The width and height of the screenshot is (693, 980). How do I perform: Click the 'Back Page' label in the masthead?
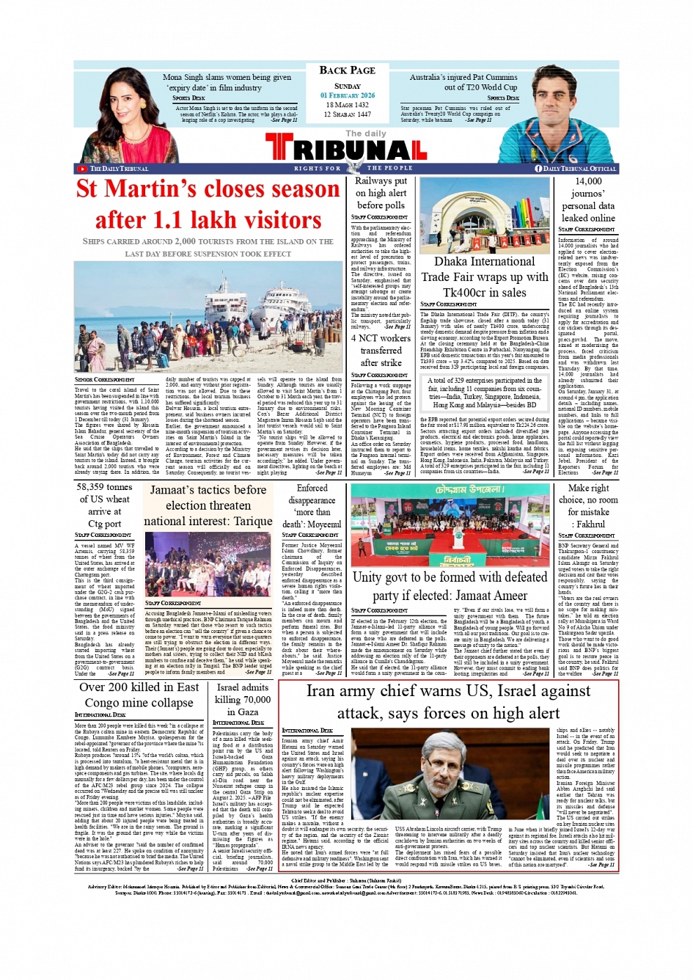(347, 70)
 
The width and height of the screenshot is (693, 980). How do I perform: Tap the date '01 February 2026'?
(347, 95)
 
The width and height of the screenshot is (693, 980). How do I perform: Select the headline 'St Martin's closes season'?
(208, 189)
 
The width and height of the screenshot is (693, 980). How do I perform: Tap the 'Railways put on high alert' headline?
(380, 193)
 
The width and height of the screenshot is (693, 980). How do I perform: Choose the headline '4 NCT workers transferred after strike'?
(380, 350)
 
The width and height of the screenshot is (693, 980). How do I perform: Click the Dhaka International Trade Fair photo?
(484, 215)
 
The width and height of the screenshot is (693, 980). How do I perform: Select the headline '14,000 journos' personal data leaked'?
(588, 200)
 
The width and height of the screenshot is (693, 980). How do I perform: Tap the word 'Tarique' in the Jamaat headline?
(252, 522)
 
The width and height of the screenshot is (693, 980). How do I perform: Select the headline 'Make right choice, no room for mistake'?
(588, 506)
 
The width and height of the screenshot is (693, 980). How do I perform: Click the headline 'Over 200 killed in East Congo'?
(139, 695)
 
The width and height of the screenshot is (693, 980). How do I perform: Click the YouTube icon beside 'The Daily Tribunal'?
(82, 169)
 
